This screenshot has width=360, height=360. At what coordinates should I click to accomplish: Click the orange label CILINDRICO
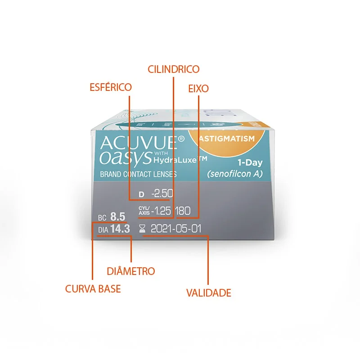pos(174,69)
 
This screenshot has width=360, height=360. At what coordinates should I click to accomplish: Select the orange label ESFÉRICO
pos(111,87)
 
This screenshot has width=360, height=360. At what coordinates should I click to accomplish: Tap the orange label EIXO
pos(198,89)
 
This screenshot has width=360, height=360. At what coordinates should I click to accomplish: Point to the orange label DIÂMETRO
pos(131,271)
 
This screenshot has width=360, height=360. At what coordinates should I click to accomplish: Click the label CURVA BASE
pos(93,289)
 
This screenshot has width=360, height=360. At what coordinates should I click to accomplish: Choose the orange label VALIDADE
pos(208,293)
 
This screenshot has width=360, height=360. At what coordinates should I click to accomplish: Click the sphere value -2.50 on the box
pos(162,194)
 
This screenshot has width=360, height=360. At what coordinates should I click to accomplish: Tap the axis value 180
pos(183,211)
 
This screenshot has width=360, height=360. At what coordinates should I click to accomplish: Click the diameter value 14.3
pos(120,229)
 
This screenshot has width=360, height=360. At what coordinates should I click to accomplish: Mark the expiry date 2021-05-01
pos(176,229)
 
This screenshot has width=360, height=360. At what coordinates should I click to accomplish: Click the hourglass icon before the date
pos(143,229)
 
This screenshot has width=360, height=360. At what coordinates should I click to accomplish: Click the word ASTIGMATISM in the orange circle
pos(227,139)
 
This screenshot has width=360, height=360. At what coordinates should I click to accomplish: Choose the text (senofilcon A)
pos(234,174)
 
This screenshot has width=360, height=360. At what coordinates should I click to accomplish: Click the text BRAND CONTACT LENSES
pos(138,174)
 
